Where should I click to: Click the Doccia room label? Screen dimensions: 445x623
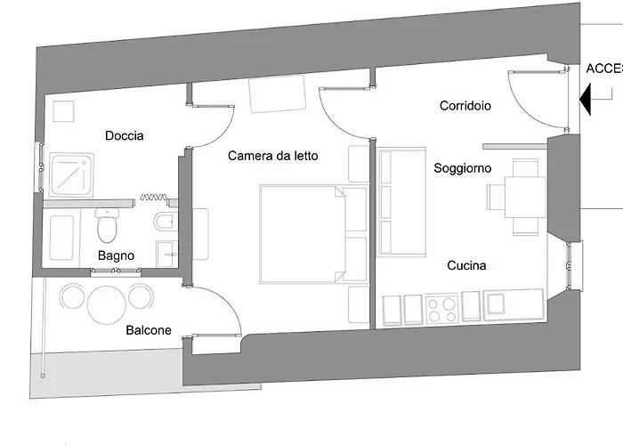[124, 136]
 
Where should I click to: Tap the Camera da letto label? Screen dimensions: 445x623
[272, 156]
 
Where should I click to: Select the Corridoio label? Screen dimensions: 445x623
[465, 106]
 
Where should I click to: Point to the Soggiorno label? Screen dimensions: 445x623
[462, 167]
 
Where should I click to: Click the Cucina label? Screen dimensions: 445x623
[466, 265]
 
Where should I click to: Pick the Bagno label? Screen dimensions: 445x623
[116, 255]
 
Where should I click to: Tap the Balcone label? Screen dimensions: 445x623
[148, 330]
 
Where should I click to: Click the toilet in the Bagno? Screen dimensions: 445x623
[107, 228]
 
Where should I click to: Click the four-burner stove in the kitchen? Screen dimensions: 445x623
[442, 310]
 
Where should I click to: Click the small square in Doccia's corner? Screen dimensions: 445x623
[63, 111]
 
